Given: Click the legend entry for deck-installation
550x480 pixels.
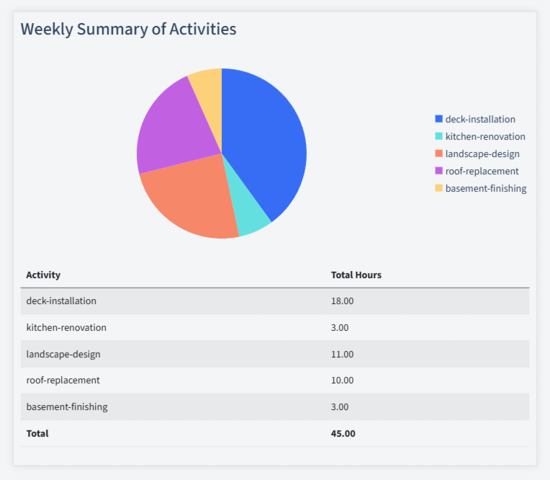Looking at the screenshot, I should click(x=479, y=119).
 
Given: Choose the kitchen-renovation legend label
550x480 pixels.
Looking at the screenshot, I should click(x=484, y=136).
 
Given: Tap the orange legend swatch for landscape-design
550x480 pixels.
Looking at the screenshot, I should click(x=439, y=154).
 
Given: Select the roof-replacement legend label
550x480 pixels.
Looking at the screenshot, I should click(x=482, y=171).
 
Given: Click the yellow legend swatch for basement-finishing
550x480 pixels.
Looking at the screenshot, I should click(x=439, y=188).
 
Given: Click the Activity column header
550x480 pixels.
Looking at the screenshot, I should click(x=43, y=275).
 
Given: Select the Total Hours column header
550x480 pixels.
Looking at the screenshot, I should click(x=356, y=275).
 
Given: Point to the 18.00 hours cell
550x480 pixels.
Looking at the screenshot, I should click(x=342, y=301).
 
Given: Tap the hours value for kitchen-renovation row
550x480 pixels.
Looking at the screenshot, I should click(x=340, y=327).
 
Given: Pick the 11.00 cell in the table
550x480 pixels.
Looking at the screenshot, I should click(x=342, y=354).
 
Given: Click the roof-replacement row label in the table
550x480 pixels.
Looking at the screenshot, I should click(x=63, y=380).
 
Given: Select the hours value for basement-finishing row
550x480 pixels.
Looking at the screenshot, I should click(x=340, y=406).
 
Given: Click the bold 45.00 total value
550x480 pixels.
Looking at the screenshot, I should click(x=343, y=433).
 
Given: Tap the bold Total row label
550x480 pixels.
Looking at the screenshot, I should click(x=37, y=433).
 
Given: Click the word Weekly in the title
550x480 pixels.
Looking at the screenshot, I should click(x=46, y=29).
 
